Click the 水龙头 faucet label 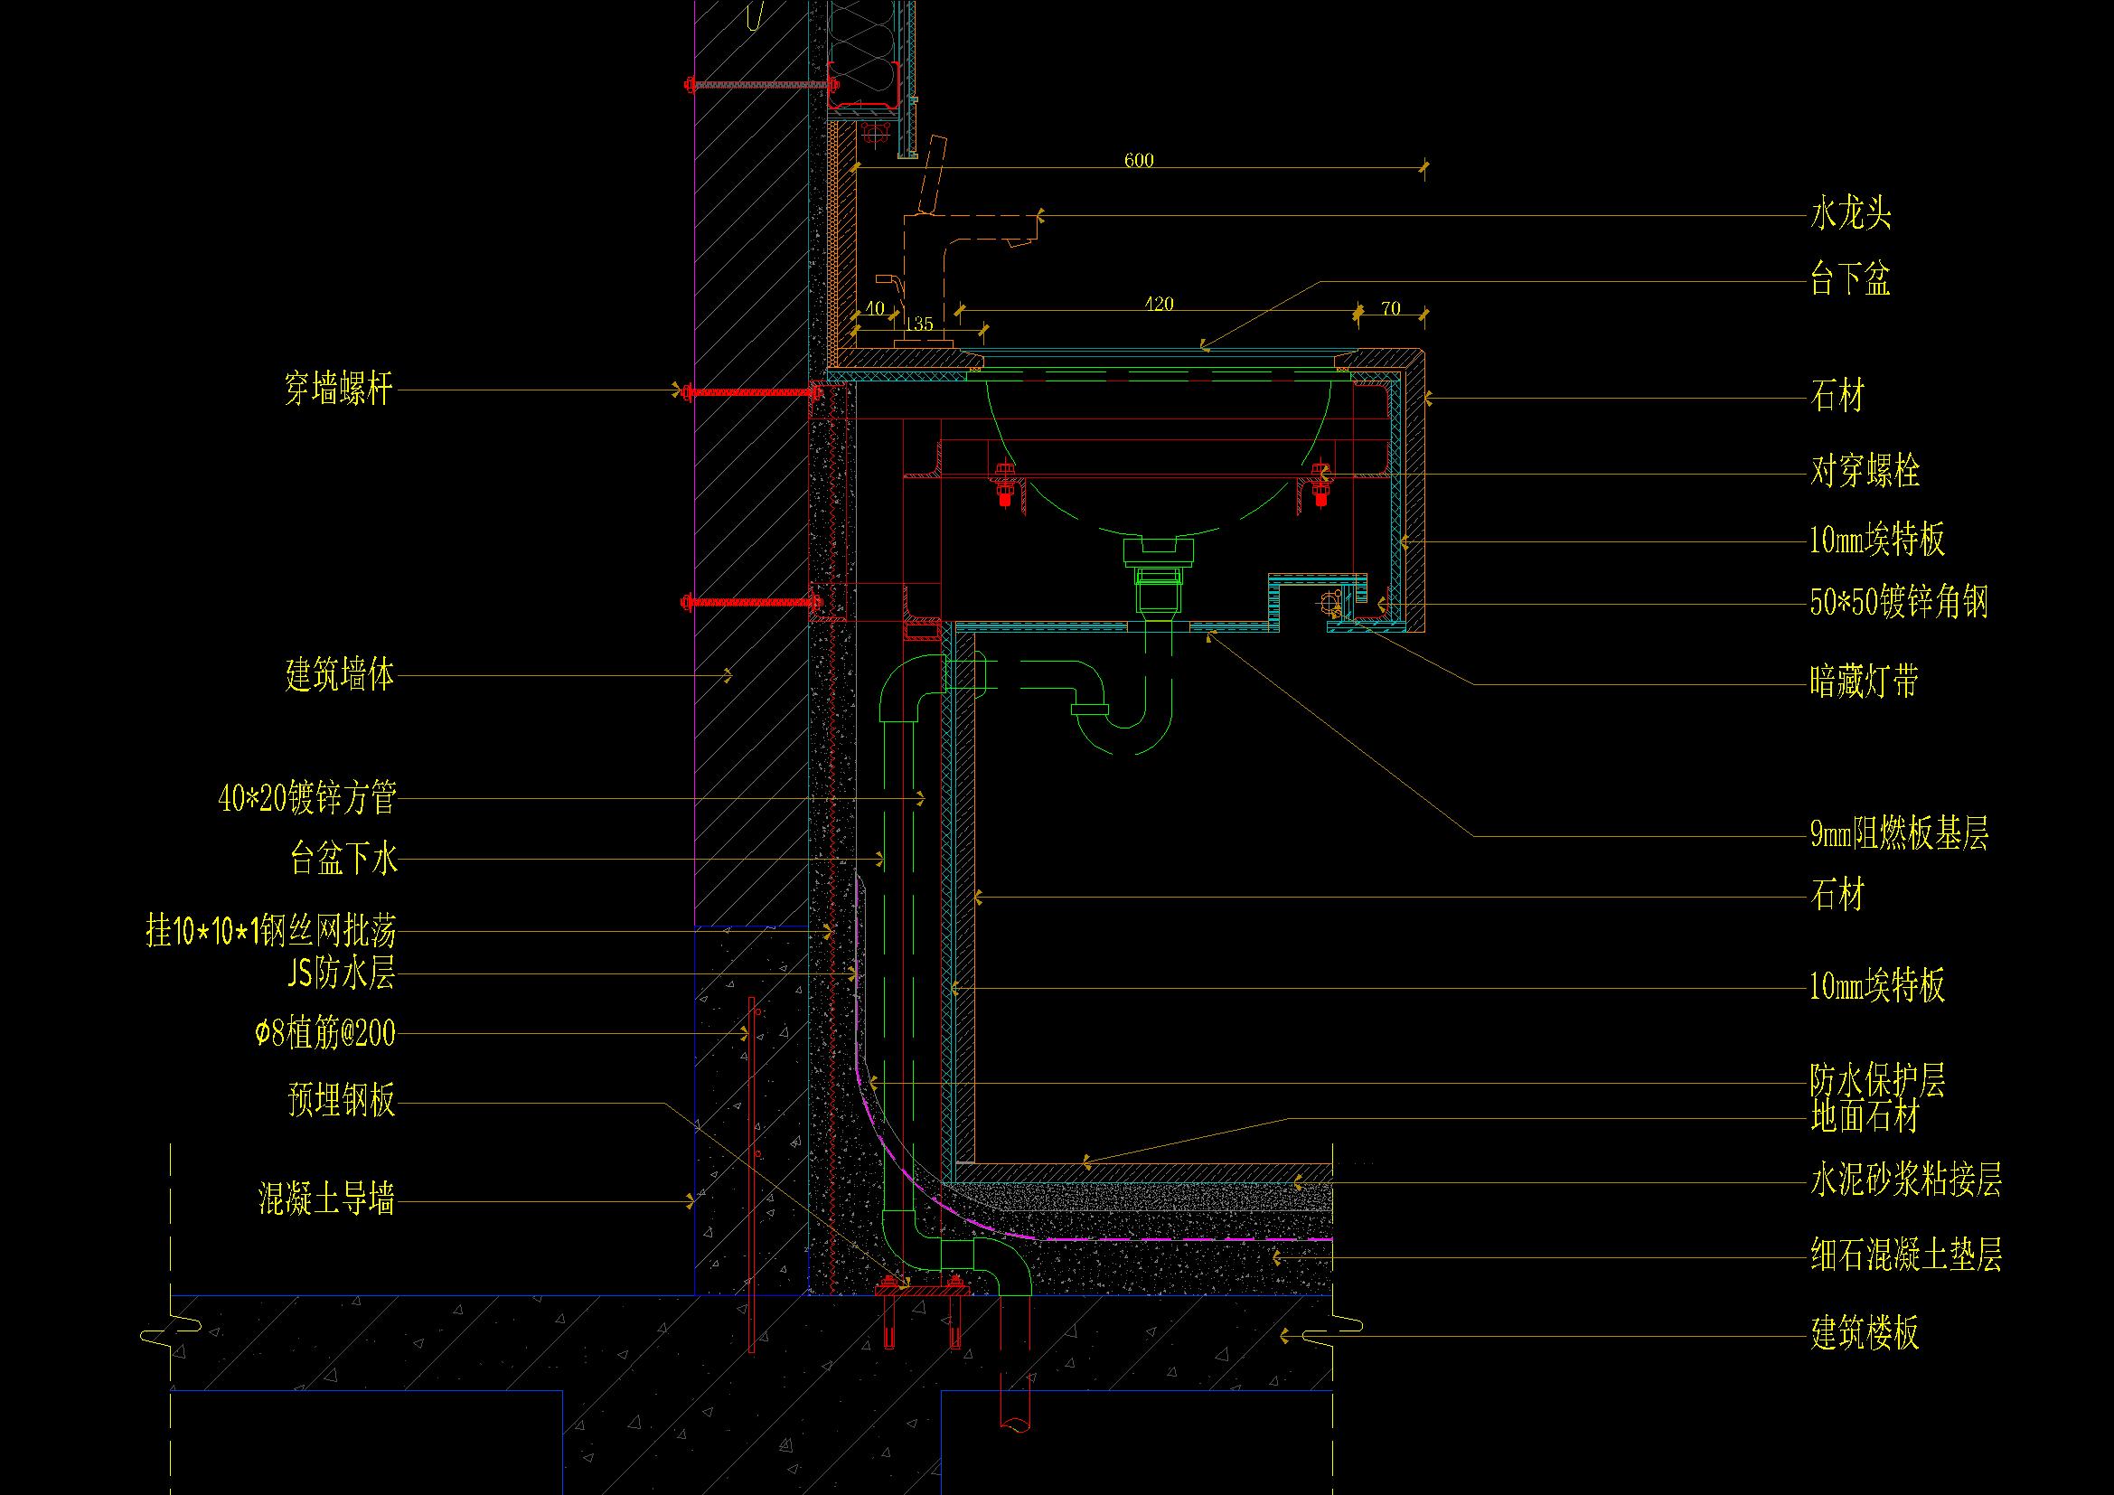pyautogui.click(x=1851, y=215)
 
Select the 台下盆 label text pyautogui.click(x=1851, y=279)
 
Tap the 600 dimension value pyautogui.click(x=1139, y=160)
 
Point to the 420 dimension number pyautogui.click(x=1159, y=304)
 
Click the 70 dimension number pyautogui.click(x=1391, y=308)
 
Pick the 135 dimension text pyautogui.click(x=919, y=324)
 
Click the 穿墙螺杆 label pyautogui.click(x=340, y=390)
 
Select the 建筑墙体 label pyautogui.click(x=340, y=676)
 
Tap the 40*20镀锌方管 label pyautogui.click(x=306, y=798)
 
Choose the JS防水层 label pyautogui.click(x=342, y=973)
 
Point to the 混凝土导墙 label pyautogui.click(x=327, y=1199)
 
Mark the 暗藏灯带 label pyautogui.click(x=1865, y=682)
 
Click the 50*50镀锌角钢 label pyautogui.click(x=1900, y=603)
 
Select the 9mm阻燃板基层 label pyautogui.click(x=1900, y=834)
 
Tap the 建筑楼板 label pyautogui.click(x=1865, y=1332)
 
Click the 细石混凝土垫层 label pyautogui.click(x=1906, y=1255)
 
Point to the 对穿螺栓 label pyautogui.click(x=1865, y=472)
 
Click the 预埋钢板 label pyautogui.click(x=342, y=1101)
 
